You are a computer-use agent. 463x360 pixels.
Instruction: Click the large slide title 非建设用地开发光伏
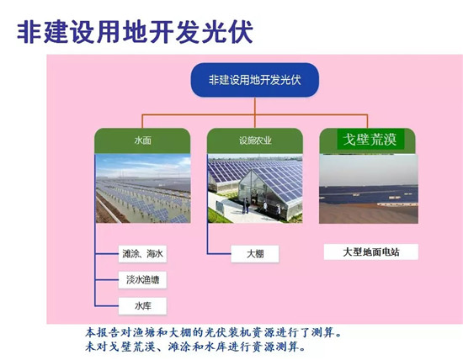pos(135,32)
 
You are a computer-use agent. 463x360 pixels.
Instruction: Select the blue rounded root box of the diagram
pos(255,80)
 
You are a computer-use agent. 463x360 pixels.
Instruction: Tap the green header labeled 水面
pos(142,140)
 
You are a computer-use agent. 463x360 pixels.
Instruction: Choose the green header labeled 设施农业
pos(255,140)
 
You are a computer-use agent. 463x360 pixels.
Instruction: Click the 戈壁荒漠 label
pos(370,139)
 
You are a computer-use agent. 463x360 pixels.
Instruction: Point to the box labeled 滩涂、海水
pos(142,253)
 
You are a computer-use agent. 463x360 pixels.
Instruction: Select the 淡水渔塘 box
pos(142,280)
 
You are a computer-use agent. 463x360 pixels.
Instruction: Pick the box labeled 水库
pos(142,306)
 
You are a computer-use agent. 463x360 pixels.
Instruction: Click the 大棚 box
pos(255,253)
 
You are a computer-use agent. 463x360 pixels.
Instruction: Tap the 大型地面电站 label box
pos(371,252)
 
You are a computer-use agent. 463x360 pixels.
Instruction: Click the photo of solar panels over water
pos(143,188)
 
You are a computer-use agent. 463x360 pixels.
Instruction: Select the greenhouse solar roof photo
pos(255,188)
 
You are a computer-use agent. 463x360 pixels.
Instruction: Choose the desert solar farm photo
pos(369,189)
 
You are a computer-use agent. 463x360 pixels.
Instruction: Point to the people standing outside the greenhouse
pos(246,206)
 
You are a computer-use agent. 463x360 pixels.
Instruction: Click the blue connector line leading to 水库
pos(107,306)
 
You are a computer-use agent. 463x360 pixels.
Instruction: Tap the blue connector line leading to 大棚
pos(219,253)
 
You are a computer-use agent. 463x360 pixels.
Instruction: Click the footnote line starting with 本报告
pos(214,333)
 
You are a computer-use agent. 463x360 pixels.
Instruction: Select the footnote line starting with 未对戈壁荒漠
pos(195,347)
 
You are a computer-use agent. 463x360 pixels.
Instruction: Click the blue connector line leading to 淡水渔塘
pos(107,280)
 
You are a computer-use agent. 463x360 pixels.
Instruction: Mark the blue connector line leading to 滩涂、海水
pos(107,253)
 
